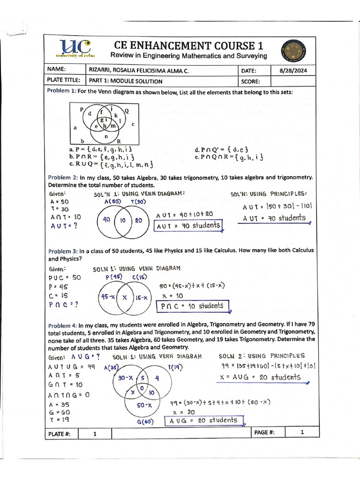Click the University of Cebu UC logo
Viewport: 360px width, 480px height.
[75, 49]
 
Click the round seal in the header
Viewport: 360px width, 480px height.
[294, 50]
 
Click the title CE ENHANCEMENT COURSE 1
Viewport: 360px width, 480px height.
[189, 45]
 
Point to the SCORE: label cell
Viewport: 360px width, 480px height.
[255, 81]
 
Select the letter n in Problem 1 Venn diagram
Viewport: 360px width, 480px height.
[106, 136]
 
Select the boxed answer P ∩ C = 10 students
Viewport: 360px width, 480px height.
[193, 306]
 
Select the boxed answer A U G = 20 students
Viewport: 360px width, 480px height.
[204, 420]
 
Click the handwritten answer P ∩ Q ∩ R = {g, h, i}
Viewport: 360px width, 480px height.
[229, 157]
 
